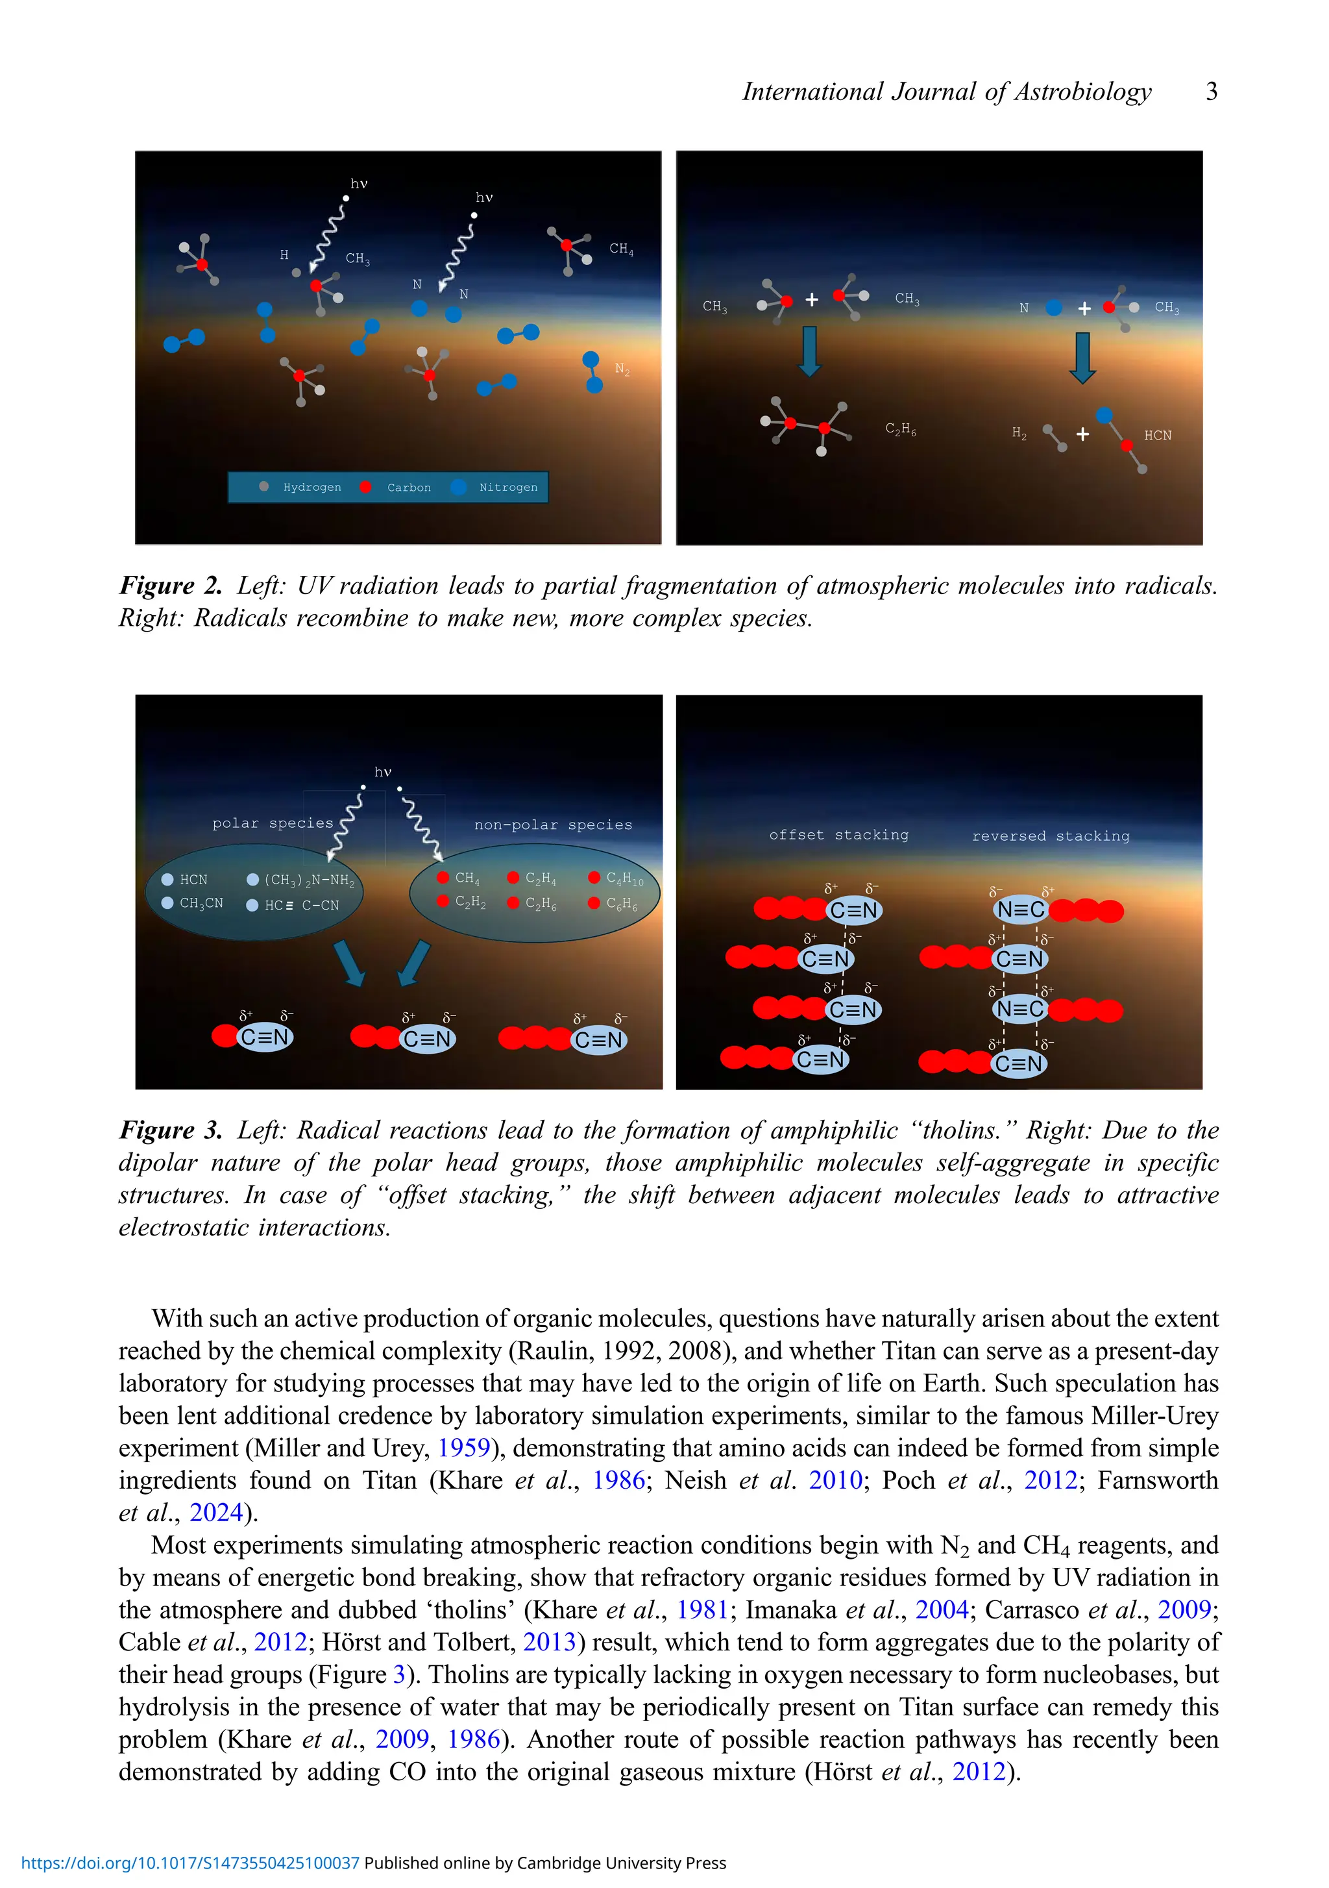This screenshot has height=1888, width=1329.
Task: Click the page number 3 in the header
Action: [1211, 92]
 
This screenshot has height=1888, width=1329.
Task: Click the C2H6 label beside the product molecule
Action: [900, 429]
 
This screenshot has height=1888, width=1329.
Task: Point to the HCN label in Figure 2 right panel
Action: [1156, 435]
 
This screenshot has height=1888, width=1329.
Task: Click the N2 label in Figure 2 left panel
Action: [622, 369]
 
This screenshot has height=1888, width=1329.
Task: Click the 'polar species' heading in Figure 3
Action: [272, 823]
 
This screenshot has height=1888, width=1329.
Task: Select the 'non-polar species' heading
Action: [552, 825]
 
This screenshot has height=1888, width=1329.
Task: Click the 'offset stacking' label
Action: [838, 835]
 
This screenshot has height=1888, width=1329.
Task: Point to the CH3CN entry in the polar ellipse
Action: [201, 903]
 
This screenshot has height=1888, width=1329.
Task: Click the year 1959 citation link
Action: [463, 1447]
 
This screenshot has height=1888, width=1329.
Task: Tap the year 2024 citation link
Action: [216, 1512]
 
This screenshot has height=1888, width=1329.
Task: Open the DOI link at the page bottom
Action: [190, 1863]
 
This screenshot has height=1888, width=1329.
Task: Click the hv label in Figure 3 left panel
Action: [382, 772]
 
